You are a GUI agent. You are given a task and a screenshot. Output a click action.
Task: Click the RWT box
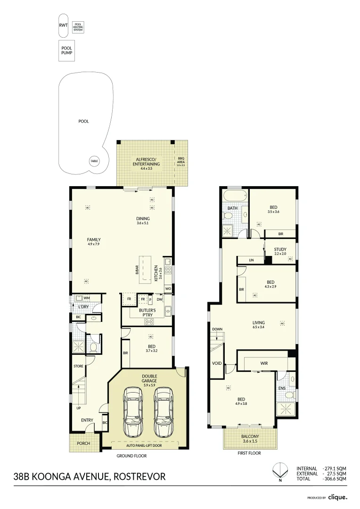tap(63, 25)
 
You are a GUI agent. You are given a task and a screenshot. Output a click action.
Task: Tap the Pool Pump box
tap(66, 50)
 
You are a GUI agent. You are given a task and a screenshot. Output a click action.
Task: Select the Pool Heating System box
tap(78, 27)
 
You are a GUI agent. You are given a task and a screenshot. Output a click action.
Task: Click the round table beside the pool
tap(94, 161)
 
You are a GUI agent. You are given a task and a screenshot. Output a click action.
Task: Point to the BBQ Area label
tap(181, 162)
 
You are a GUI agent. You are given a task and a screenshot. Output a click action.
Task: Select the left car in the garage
tap(133, 412)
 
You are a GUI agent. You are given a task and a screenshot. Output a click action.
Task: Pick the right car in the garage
tap(163, 412)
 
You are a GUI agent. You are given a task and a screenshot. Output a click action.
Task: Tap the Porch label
tap(83, 443)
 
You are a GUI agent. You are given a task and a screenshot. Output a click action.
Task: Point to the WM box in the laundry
tap(86, 298)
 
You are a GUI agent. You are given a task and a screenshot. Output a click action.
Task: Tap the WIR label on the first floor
tap(264, 363)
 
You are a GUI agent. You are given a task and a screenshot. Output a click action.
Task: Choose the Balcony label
tap(250, 438)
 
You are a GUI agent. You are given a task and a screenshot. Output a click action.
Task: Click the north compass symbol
tap(279, 470)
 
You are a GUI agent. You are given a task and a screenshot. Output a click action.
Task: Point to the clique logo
tap(338, 497)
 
